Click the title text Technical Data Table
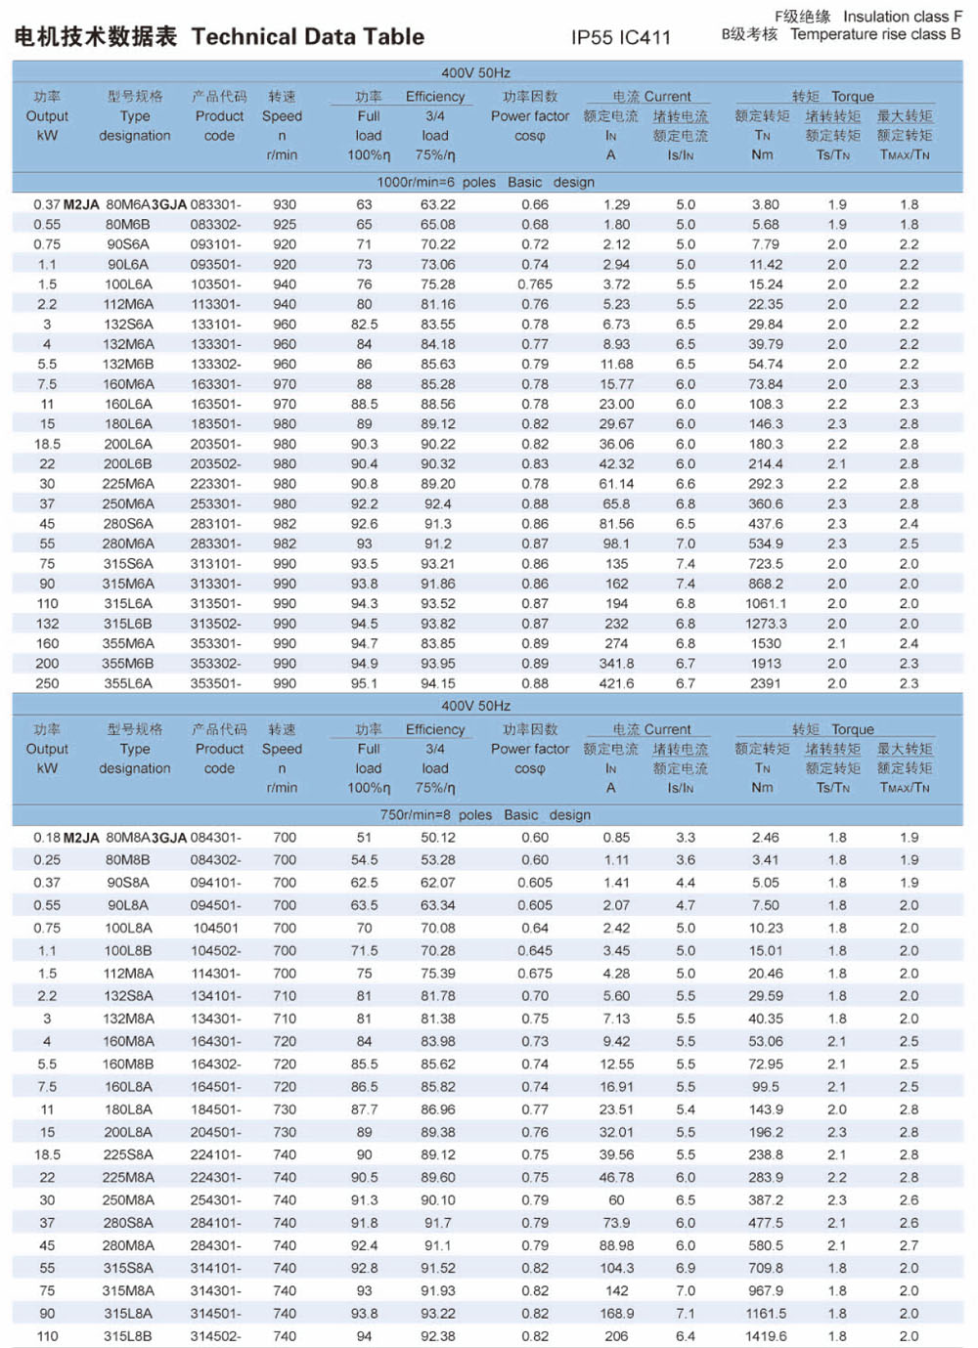tap(307, 37)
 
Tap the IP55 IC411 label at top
tap(621, 38)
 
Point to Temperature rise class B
tap(875, 34)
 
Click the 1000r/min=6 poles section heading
tap(485, 182)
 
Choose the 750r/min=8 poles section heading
tap(485, 814)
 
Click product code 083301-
tap(215, 204)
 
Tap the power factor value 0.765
tap(535, 284)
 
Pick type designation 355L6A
tap(128, 683)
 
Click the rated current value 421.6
tap(616, 683)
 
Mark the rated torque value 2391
tap(766, 683)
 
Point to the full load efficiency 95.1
tap(364, 683)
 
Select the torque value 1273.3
tap(766, 624)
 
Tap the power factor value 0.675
tap(535, 974)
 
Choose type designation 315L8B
tap(128, 1336)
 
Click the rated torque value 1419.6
tap(766, 1336)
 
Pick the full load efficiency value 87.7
tap(364, 1109)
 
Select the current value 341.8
tap(616, 664)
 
